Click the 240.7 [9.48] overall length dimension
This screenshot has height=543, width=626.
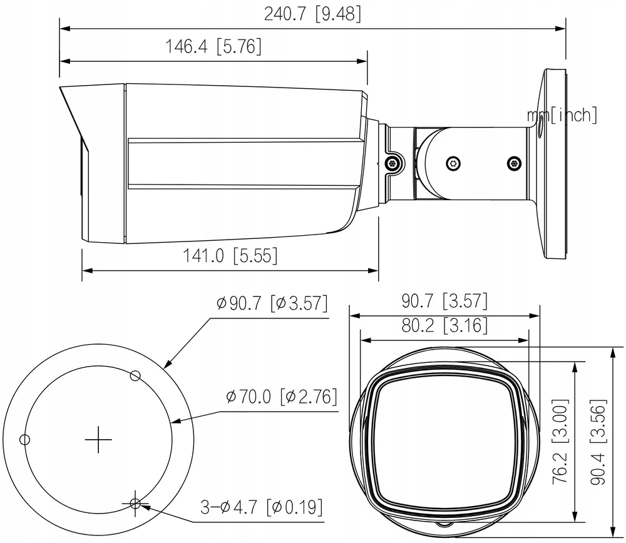[x=312, y=14]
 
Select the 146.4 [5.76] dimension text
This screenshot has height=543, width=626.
[x=213, y=46]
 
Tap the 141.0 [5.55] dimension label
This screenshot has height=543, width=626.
[x=230, y=255]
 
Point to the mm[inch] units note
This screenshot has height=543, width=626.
[x=562, y=115]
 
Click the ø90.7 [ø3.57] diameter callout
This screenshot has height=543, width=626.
[x=272, y=303]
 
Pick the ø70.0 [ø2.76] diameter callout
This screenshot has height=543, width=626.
[x=282, y=397]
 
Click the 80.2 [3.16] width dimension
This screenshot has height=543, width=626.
[x=444, y=325]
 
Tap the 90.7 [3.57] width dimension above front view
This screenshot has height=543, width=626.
[x=444, y=301]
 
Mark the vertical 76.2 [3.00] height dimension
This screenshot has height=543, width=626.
[x=560, y=442]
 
